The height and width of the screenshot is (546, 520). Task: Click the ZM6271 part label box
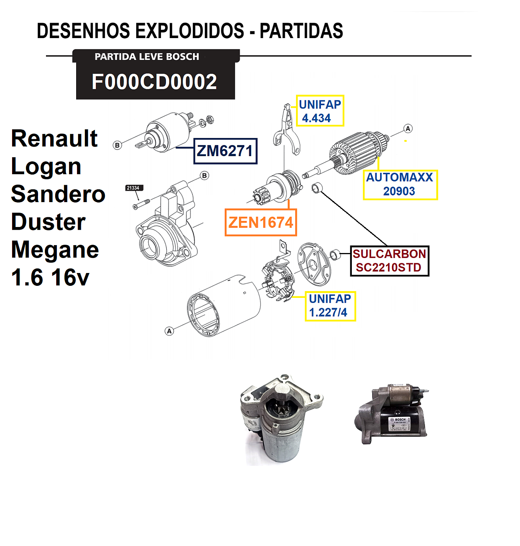[225, 151]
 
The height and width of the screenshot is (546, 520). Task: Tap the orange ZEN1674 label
[261, 222]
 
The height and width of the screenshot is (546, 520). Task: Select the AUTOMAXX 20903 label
[400, 184]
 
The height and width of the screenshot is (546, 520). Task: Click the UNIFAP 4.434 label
[320, 111]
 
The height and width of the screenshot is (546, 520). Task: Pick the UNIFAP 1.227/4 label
[330, 306]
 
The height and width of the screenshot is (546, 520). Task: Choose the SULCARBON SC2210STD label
[389, 261]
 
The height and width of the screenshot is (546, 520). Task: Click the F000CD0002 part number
[155, 82]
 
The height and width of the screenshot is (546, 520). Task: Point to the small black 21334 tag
[133, 188]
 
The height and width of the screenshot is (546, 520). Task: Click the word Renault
[54, 138]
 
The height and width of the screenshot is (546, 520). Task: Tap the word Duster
[48, 222]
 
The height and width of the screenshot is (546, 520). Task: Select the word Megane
[55, 250]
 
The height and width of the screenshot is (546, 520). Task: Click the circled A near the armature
[408, 129]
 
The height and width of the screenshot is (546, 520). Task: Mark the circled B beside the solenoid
[117, 145]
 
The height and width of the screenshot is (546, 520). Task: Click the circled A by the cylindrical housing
[169, 331]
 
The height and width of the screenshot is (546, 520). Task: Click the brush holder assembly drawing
[278, 279]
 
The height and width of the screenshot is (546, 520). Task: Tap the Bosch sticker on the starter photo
[400, 424]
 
